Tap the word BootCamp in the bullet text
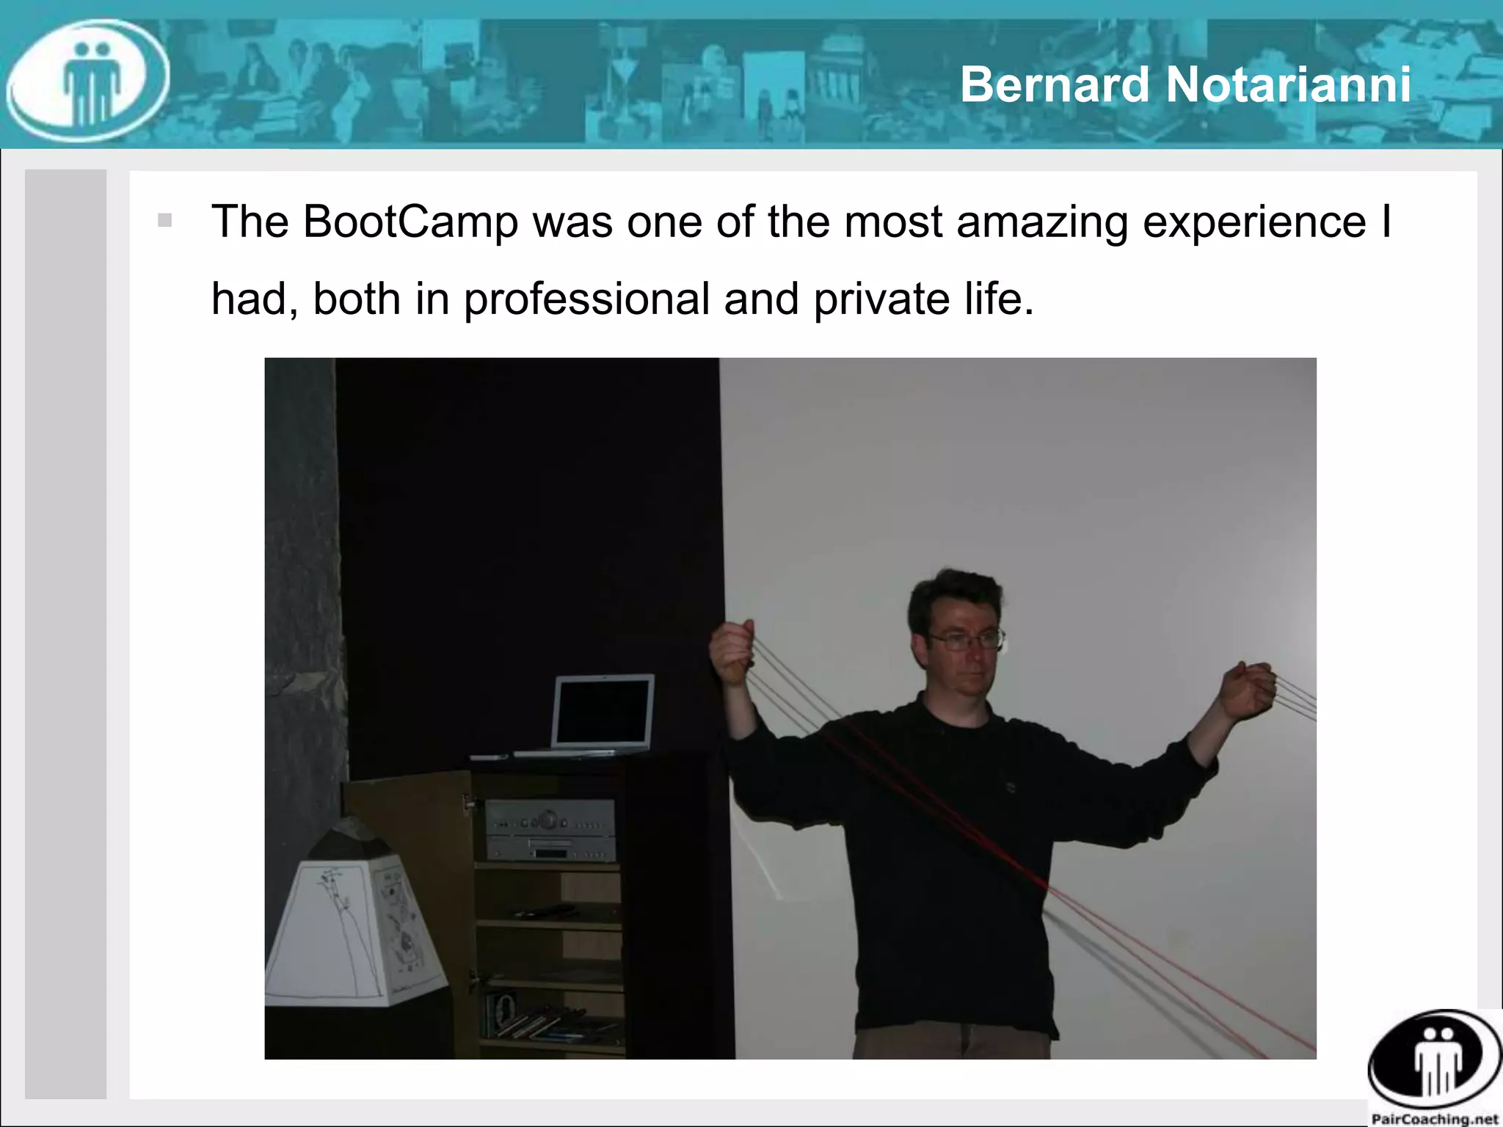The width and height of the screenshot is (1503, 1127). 410,221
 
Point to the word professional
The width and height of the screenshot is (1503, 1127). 586,299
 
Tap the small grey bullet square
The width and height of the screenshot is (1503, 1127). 164,220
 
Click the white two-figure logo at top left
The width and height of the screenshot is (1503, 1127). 88,81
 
